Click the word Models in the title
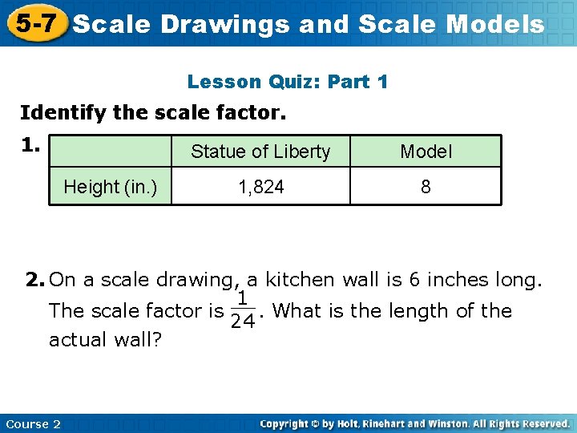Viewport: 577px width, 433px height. click(494, 24)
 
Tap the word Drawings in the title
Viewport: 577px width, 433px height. click(225, 24)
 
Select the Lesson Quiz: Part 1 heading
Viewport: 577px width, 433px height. click(288, 82)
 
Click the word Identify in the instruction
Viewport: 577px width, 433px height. click(63, 112)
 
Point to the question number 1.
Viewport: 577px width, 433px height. click(30, 145)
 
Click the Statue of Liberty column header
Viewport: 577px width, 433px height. click(260, 152)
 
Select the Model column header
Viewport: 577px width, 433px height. click(426, 152)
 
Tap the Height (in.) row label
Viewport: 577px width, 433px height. click(111, 187)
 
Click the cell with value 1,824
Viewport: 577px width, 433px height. click(260, 187)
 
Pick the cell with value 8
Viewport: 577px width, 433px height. click(426, 187)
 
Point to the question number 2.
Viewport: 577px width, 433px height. click(34, 280)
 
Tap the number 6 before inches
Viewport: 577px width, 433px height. click(414, 280)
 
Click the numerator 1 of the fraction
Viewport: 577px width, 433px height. click(241, 298)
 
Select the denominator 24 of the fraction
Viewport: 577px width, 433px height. click(241, 322)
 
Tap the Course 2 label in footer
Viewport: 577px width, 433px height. click(33, 423)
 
